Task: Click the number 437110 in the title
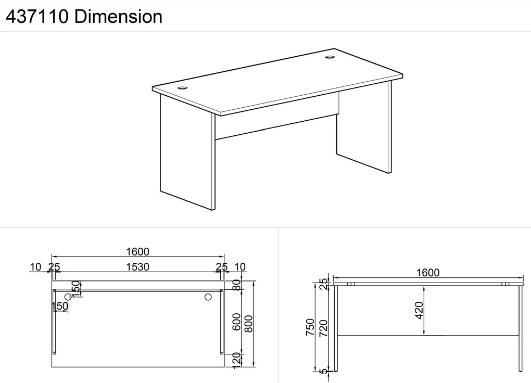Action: click(x=37, y=17)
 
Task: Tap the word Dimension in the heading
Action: click(x=118, y=17)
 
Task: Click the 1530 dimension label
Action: click(x=138, y=267)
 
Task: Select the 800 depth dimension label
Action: click(x=248, y=324)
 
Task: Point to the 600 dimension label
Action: click(x=236, y=322)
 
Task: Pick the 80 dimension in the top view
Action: click(x=237, y=285)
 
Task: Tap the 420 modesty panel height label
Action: click(x=419, y=310)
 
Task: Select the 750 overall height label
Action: click(x=311, y=327)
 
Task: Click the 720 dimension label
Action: click(x=324, y=328)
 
